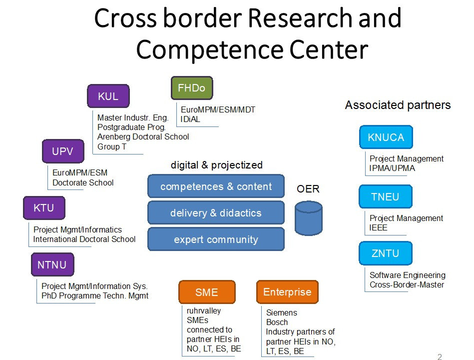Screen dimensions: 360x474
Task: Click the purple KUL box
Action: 108,96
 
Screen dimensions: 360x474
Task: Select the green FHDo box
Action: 192,88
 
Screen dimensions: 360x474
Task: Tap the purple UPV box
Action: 62,151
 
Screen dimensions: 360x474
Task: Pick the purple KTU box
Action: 44,208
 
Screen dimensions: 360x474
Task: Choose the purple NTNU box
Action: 52,265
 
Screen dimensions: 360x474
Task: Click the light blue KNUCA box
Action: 386,137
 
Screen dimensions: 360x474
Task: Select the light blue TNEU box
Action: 386,196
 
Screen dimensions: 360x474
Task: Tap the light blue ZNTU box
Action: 386,253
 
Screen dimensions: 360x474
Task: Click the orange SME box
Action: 207,292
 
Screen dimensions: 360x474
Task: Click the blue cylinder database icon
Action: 309,217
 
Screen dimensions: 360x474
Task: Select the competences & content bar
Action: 216,186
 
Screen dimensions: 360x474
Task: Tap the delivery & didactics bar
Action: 216,213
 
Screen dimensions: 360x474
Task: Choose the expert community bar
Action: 216,239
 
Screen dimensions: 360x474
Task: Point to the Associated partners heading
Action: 398,105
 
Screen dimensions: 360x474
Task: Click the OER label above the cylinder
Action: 308,189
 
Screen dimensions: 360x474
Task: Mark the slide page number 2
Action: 440,356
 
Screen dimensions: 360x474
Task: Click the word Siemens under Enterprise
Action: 281,313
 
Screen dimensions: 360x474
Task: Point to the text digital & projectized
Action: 216,165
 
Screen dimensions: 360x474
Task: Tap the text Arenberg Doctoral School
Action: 143,137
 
